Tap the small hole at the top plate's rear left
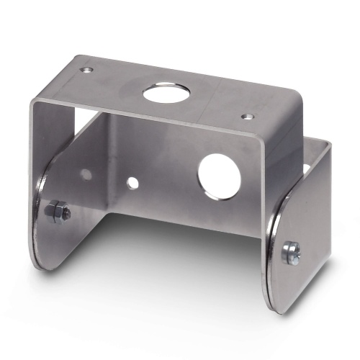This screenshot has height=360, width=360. click(87, 70)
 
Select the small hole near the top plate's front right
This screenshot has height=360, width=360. click(247, 116)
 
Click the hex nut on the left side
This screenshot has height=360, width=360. click(57, 212)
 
